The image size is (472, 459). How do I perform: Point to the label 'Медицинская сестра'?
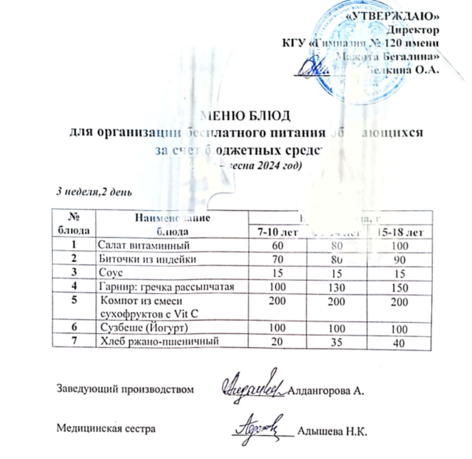[x=106, y=428]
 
